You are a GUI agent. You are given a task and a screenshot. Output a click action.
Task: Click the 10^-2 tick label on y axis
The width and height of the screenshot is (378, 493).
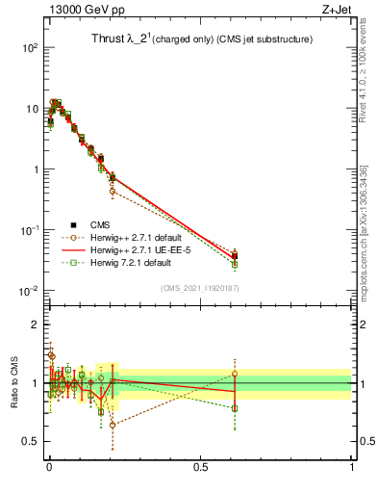(29, 292)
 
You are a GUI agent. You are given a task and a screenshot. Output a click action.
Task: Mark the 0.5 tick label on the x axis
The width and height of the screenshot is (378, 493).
(200, 468)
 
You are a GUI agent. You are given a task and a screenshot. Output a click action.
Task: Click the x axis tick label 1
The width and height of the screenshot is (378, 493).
(351, 468)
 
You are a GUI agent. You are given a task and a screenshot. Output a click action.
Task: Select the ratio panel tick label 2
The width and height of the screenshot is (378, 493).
(34, 324)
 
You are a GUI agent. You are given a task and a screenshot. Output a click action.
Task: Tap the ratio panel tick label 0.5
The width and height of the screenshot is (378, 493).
(30, 442)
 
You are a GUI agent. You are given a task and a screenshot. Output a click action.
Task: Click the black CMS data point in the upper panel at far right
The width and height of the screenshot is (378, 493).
(235, 256)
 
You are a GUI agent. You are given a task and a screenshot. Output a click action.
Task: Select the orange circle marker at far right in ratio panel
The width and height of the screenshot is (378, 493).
(235, 374)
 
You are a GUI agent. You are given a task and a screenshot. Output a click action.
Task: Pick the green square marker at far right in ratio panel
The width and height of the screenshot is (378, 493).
(235, 408)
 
